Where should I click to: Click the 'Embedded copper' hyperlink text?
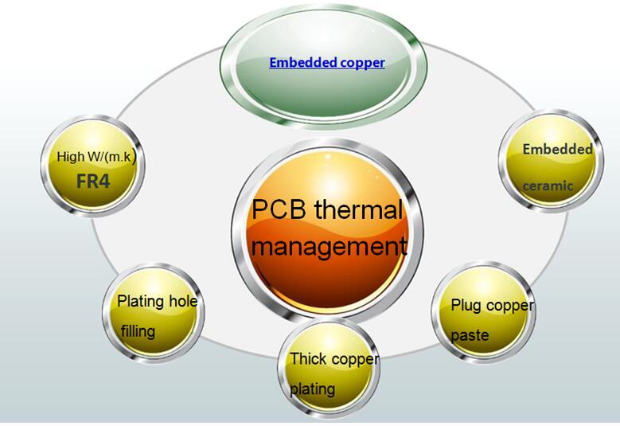tap(326, 62)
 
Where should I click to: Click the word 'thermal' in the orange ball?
tap(358, 211)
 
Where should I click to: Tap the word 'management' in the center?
tap(329, 246)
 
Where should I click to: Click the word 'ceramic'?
tap(548, 186)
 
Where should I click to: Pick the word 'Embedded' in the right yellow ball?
tap(557, 149)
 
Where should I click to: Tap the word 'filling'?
tap(138, 330)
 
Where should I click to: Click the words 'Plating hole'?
tap(157, 301)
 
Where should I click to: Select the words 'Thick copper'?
tap(334, 359)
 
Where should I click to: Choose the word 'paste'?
tap(470, 335)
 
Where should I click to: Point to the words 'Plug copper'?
tap(492, 305)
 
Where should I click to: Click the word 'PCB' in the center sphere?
tap(280, 211)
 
